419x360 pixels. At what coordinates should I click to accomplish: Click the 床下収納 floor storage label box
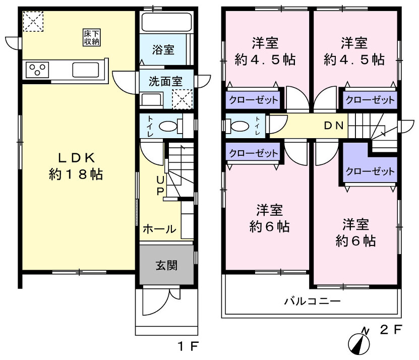[92, 37]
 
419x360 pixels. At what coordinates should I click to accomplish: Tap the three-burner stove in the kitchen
[37, 70]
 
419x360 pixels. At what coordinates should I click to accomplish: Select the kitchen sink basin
[86, 70]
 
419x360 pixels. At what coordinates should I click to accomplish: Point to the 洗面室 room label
[166, 81]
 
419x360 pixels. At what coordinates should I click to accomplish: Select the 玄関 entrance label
[166, 265]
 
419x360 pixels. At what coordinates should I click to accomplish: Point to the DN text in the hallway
[334, 126]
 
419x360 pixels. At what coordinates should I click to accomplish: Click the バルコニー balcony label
[313, 301]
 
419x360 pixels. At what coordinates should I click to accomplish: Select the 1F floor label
[188, 346]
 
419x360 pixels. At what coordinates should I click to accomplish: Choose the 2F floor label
[391, 330]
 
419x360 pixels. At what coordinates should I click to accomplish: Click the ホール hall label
[159, 229]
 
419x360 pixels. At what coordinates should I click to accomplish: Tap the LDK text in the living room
[77, 158]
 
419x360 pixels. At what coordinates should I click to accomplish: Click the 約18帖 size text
[76, 174]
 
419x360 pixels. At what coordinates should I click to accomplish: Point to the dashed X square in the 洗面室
[182, 99]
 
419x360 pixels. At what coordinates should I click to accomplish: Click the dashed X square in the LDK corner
[33, 21]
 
